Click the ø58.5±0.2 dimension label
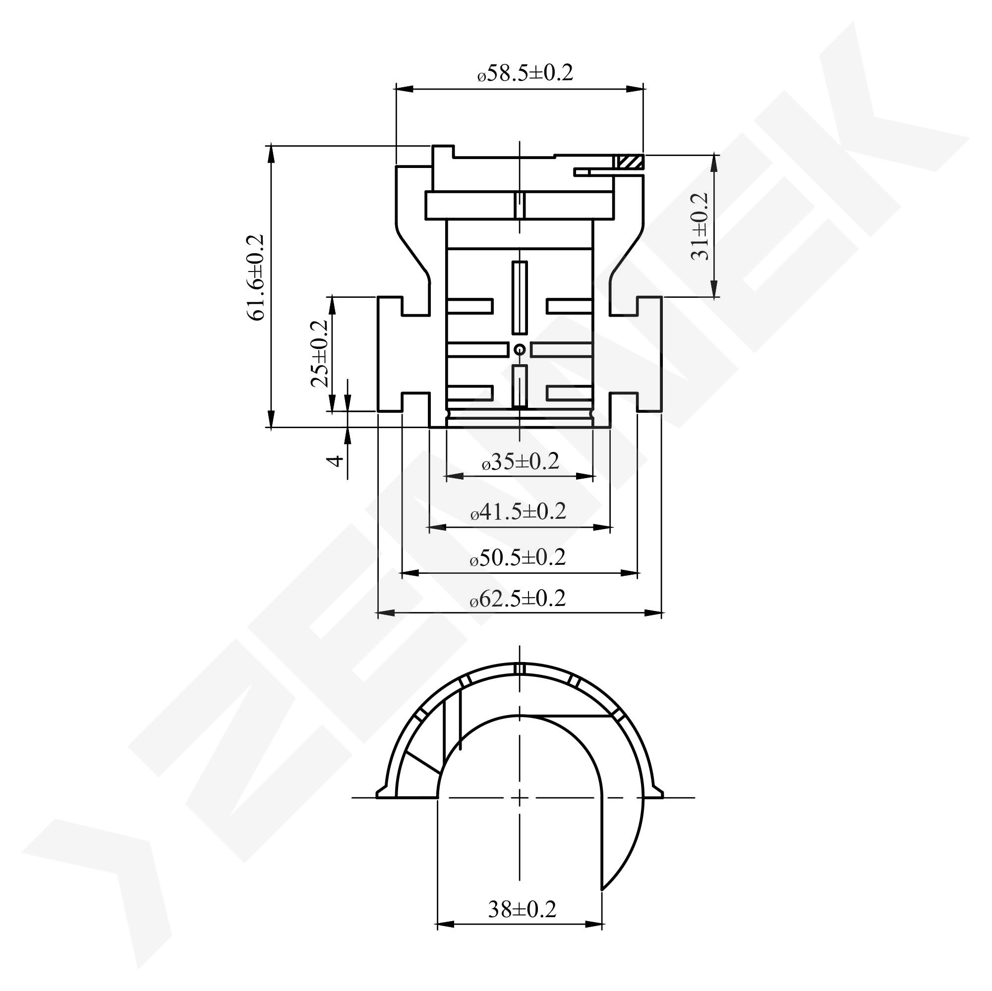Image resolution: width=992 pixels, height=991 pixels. coord(525,73)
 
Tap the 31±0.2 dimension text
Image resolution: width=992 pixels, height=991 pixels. coord(700,226)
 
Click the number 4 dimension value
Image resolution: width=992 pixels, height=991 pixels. coord(335,460)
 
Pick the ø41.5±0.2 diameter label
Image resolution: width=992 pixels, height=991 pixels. coord(519,511)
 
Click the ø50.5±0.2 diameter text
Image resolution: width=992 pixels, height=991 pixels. coord(518,557)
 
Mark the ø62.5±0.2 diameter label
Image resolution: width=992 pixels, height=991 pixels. coord(518,599)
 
